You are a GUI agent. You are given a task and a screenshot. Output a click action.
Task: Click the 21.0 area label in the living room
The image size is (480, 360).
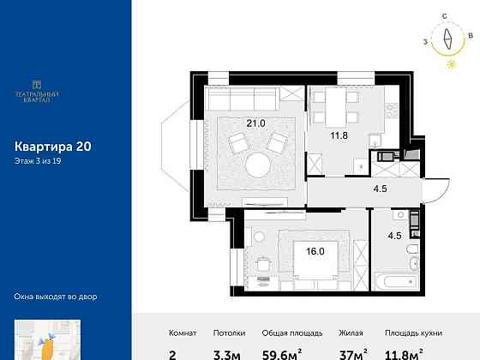click(x=256, y=123)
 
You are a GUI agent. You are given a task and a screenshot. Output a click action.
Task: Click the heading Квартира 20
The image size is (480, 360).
click(x=53, y=147)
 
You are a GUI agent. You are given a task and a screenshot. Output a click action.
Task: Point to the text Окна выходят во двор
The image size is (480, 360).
click(x=57, y=297)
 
